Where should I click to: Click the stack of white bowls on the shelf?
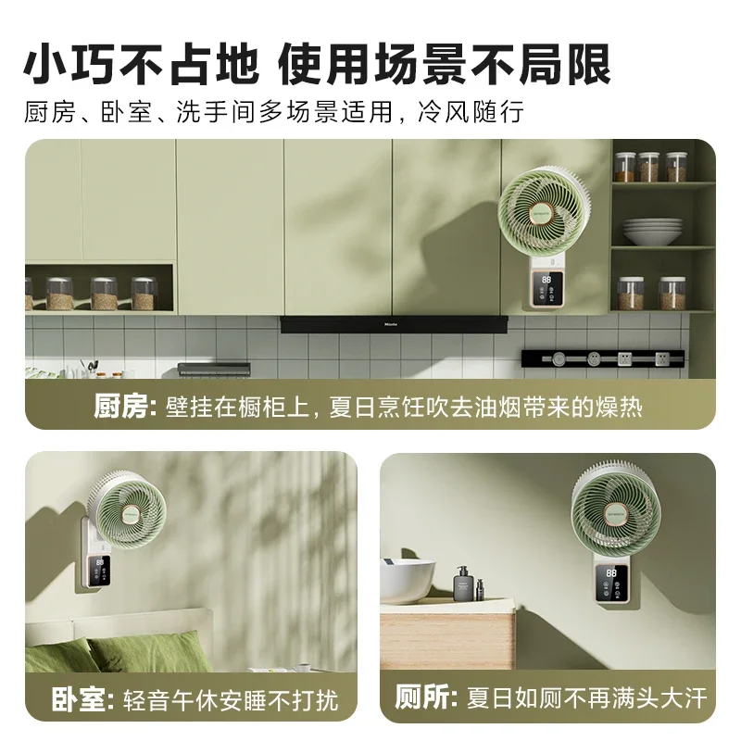[652, 231]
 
